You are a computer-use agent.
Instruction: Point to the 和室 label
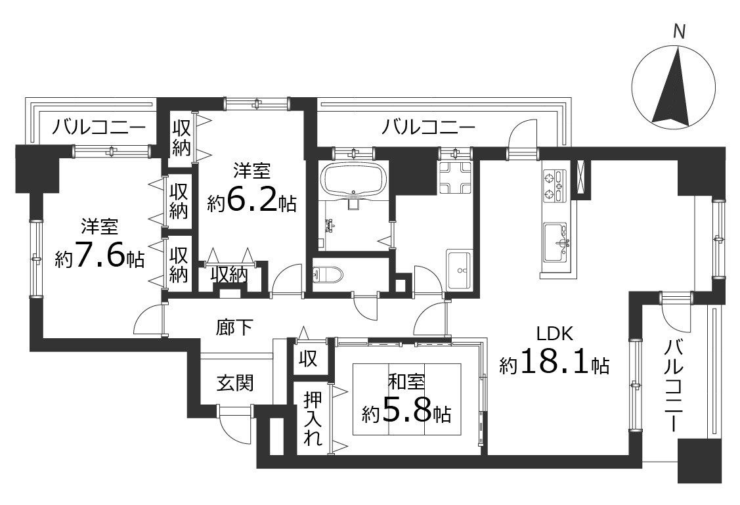406,382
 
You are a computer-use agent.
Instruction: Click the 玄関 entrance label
236,383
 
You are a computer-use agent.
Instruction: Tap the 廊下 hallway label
234,327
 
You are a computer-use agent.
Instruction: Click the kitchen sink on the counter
557,241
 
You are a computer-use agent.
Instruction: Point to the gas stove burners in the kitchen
555,185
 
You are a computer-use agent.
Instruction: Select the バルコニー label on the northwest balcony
99,127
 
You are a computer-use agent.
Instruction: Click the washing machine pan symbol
456,177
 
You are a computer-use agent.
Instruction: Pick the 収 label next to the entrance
308,359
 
